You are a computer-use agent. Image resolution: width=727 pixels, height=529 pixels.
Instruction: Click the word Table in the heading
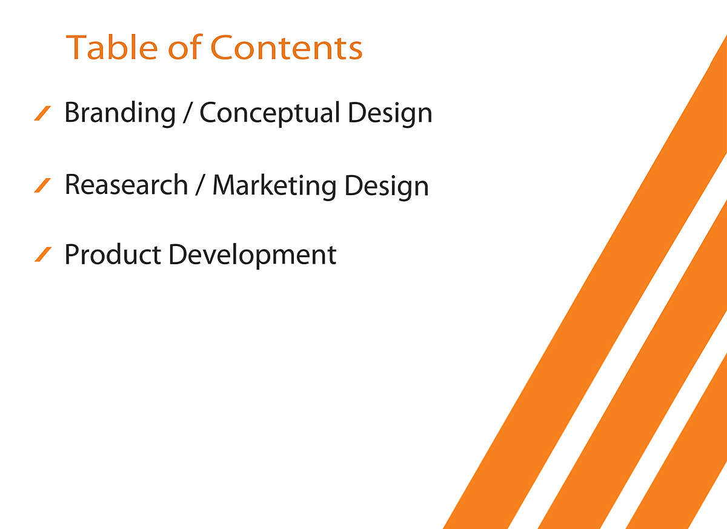(x=111, y=47)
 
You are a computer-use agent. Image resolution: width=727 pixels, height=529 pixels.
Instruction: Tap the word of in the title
(x=185, y=47)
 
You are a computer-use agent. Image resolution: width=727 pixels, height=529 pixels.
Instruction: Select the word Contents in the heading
(x=286, y=48)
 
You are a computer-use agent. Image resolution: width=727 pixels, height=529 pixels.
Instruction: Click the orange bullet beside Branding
(x=42, y=113)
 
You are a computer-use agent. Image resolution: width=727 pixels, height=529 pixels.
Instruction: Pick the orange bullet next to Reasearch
(x=42, y=185)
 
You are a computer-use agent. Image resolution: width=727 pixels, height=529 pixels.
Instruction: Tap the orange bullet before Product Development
(x=43, y=254)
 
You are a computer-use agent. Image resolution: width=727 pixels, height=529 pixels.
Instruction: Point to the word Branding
(x=120, y=113)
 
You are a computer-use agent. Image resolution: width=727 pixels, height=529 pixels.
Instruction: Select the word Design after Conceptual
(x=390, y=113)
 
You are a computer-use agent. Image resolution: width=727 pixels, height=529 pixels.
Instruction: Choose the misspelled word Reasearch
(x=127, y=184)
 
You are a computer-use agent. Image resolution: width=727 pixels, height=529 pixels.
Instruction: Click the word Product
(x=113, y=255)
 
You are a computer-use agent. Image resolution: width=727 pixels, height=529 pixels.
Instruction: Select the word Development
(x=253, y=256)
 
